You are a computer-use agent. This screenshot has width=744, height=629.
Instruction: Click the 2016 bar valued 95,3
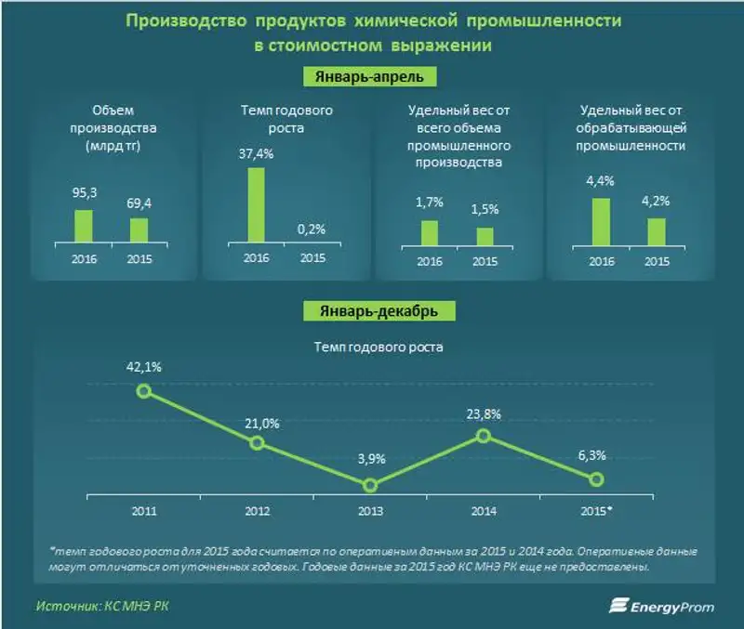coord(84,226)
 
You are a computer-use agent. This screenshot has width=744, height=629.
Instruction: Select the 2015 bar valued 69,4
coord(139,230)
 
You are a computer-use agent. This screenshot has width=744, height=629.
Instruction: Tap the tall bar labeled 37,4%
coord(256,205)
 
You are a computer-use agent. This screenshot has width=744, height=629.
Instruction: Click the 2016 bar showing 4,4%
coord(602,221)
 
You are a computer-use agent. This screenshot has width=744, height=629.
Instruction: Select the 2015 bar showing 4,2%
coord(657,231)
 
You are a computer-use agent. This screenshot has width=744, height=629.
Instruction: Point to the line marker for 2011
coord(143,391)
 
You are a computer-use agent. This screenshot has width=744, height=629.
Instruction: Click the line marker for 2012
coord(257,443)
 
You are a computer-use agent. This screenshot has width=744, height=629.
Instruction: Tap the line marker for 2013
coord(370,485)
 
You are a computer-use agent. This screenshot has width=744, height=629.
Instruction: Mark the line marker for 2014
coord(484,435)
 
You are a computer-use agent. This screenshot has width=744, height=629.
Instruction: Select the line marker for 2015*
coord(597,478)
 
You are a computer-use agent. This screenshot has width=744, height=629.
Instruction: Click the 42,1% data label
coord(143,367)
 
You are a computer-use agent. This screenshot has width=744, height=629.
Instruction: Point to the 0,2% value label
coord(312,229)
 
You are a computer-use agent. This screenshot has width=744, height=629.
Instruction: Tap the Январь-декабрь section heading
coord(371,309)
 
